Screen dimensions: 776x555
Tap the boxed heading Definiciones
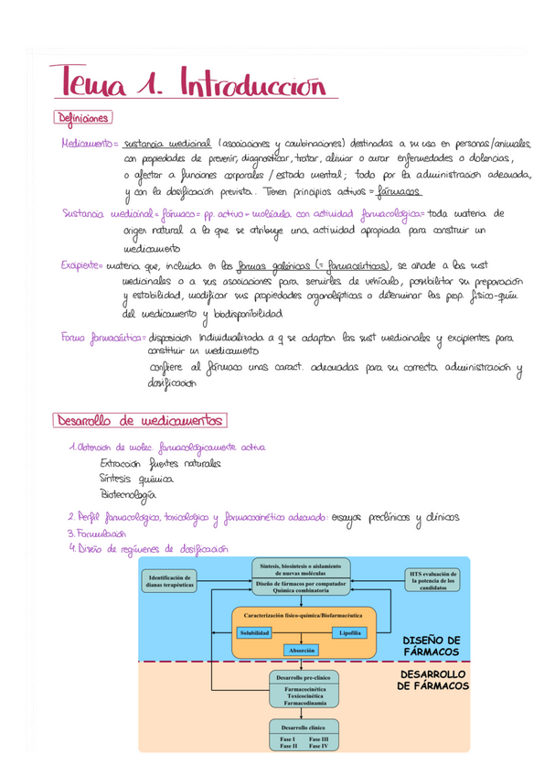tap(83, 118)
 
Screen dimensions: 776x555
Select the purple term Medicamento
tap(84, 145)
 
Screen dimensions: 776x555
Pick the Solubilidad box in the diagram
tap(255, 633)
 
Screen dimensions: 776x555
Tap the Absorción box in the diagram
tap(302, 650)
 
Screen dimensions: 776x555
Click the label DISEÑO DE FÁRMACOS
tap(432, 645)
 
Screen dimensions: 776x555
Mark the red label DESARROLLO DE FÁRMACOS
tap(432, 680)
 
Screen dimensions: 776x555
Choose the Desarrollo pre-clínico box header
tap(301, 677)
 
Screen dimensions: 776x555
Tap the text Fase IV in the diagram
tap(325, 747)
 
